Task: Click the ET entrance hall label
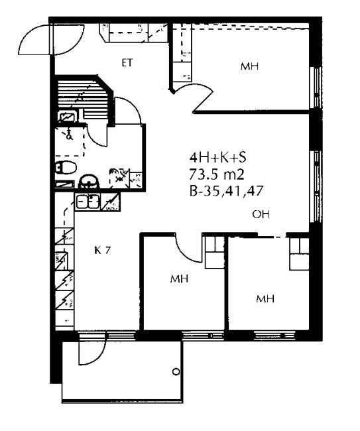click(127, 63)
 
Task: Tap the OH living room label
click(261, 214)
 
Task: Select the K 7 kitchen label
click(102, 250)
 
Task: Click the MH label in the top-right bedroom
click(249, 66)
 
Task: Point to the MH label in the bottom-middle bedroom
click(179, 278)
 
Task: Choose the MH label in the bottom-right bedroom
click(265, 298)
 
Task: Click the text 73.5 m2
click(217, 174)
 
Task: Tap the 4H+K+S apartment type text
click(217, 158)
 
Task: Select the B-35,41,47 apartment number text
click(227, 191)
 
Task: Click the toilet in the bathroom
click(66, 167)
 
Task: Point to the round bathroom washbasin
click(89, 182)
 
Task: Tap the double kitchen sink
click(88, 202)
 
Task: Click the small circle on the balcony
click(176, 371)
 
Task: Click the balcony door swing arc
click(96, 357)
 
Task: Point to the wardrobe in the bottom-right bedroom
click(299, 253)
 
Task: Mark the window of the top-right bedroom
click(316, 88)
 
